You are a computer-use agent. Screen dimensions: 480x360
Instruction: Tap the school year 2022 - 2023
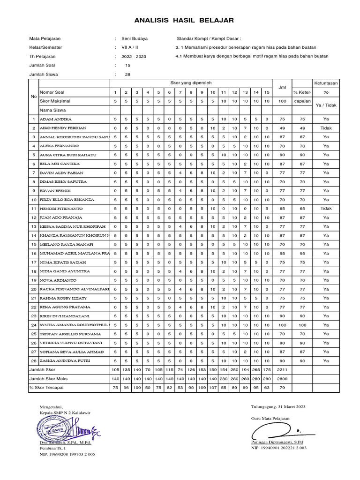click(x=134, y=56)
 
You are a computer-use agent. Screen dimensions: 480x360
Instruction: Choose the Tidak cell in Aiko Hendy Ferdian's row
click(x=326, y=128)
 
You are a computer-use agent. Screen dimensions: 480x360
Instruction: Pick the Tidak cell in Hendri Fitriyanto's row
click(x=326, y=208)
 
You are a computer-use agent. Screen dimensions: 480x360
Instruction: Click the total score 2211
click(x=282, y=370)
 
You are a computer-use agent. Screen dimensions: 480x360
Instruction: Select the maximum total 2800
click(x=282, y=379)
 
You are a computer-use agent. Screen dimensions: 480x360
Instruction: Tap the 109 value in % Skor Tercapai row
click(x=202, y=388)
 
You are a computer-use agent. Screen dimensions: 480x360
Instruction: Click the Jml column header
click(x=282, y=87)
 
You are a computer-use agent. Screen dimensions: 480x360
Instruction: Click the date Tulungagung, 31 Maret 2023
click(x=278, y=406)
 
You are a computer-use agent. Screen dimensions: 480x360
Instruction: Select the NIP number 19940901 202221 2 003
click(x=279, y=449)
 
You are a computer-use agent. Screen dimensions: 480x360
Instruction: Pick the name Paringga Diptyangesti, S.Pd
click(x=277, y=442)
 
